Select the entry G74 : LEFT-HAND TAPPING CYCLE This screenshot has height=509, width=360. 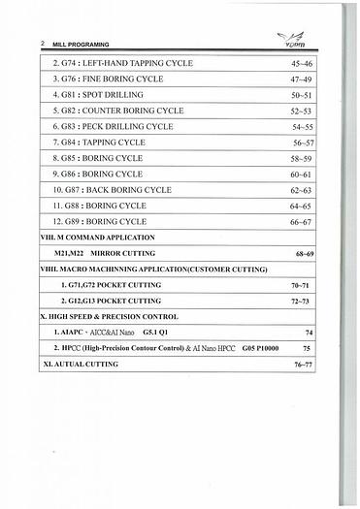tap(121, 63)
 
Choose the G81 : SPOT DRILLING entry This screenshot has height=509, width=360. tap(97, 95)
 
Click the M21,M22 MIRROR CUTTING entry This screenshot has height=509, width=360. tap(109, 253)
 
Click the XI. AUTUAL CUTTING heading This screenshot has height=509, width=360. tap(82, 365)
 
